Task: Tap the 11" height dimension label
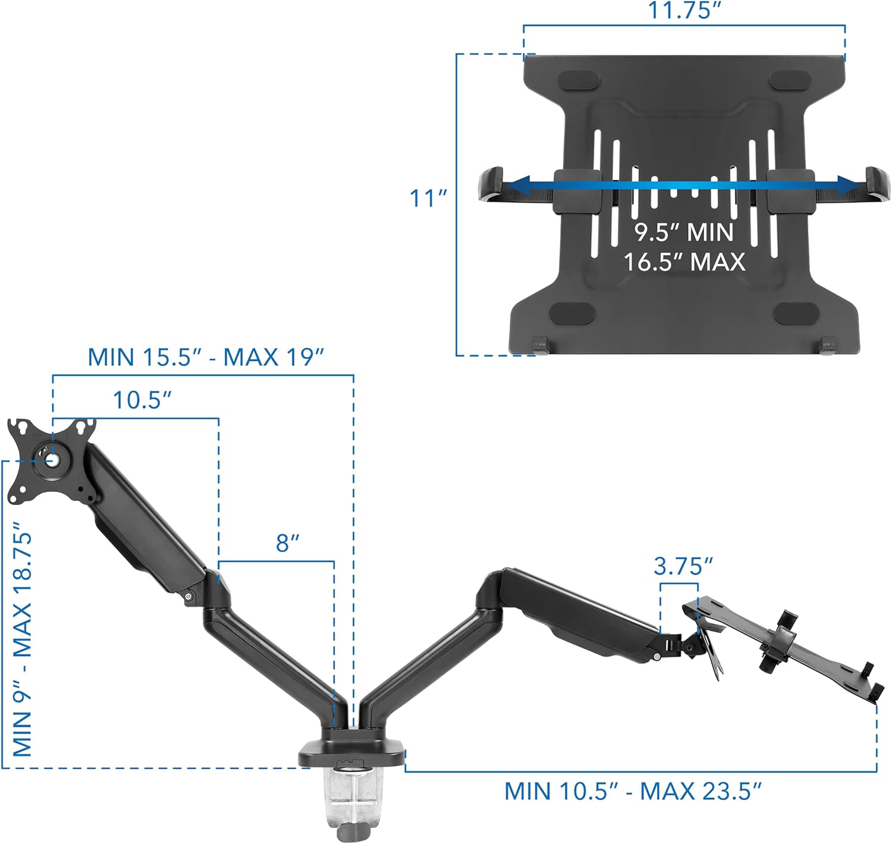click(x=428, y=198)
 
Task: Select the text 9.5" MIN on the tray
click(x=684, y=232)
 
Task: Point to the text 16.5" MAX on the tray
click(x=684, y=262)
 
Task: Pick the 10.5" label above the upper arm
click(x=142, y=400)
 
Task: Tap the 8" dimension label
click(x=287, y=543)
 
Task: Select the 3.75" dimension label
click(x=683, y=567)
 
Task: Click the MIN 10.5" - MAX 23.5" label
click(x=633, y=792)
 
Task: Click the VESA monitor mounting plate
click(x=51, y=461)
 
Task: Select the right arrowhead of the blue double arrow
click(x=850, y=184)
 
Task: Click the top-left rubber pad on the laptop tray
click(x=576, y=80)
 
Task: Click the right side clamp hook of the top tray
click(x=878, y=183)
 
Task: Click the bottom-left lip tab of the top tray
click(x=540, y=346)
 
